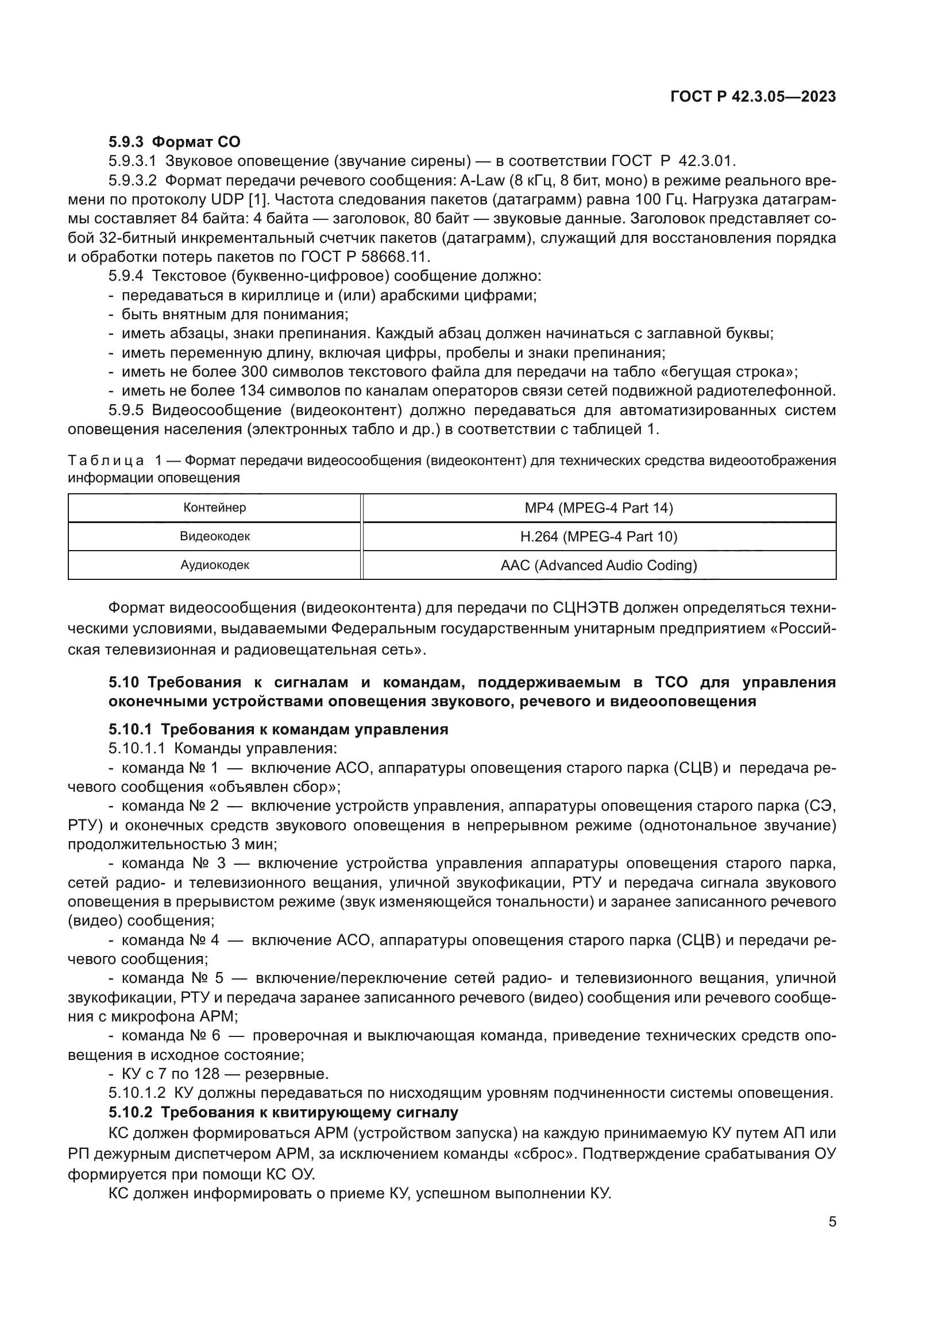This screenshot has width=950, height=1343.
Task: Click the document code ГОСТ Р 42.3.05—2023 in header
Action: pos(753,97)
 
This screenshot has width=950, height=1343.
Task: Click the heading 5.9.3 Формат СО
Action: pos(175,142)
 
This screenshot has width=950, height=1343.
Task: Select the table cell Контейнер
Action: pos(215,508)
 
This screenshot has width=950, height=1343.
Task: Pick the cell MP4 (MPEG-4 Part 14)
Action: pos(598,508)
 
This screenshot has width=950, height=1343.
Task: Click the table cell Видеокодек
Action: pos(215,536)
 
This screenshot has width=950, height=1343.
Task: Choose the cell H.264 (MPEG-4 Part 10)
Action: pos(598,536)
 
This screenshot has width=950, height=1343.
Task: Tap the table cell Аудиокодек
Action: pos(215,565)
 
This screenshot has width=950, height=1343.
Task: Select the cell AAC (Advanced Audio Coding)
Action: pos(598,565)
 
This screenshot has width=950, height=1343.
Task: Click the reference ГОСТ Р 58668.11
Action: pos(365,257)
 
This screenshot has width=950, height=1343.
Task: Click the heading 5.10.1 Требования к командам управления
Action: pos(279,729)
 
